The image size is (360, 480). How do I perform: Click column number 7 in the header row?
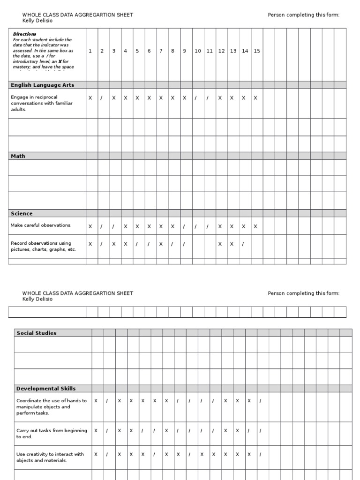point(161,51)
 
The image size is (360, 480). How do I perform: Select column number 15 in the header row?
point(257,51)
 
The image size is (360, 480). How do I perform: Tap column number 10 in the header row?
point(198,51)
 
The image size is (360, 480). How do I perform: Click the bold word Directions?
point(24,34)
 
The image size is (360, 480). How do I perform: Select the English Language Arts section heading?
point(42,85)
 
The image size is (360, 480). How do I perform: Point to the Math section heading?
point(18,156)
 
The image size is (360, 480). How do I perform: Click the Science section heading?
point(22,213)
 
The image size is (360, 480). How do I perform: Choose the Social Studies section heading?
point(36,333)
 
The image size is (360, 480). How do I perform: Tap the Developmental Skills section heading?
point(46,389)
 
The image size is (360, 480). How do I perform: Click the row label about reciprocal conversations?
point(42,103)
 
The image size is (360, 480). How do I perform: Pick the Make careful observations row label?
point(41,225)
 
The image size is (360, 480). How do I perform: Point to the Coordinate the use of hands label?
point(52,407)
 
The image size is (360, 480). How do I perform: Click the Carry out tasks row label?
point(52,434)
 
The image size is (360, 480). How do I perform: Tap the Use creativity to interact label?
point(50,457)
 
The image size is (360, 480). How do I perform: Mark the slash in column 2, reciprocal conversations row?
point(101,98)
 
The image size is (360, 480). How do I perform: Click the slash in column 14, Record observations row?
point(243,244)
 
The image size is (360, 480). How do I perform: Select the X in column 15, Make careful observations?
point(255,226)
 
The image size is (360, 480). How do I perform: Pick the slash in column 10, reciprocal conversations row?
point(196,98)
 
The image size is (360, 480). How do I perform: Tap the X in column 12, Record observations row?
point(220,244)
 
